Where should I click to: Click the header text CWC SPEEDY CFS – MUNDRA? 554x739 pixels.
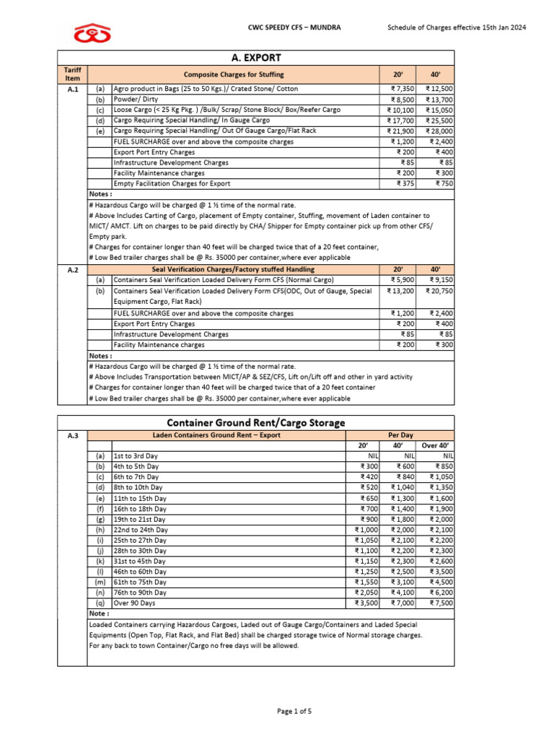[x=294, y=27]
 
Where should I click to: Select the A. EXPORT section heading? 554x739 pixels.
[x=255, y=58]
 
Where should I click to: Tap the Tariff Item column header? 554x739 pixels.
[x=72, y=74]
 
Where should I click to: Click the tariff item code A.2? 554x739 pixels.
[x=72, y=269]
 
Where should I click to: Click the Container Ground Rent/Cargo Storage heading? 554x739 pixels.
[x=255, y=422]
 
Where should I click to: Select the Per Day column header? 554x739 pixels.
[x=400, y=435]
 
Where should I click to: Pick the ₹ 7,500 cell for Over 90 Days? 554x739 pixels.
[x=441, y=603]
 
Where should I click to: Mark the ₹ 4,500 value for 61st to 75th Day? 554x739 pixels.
[x=441, y=582]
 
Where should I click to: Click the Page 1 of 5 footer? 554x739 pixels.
[x=294, y=712]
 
